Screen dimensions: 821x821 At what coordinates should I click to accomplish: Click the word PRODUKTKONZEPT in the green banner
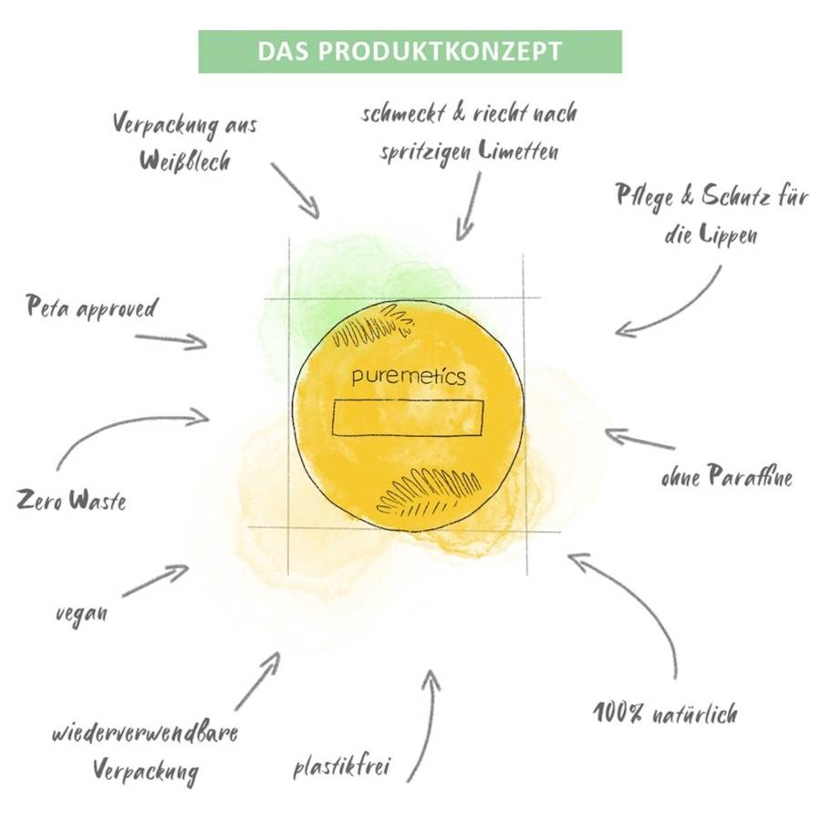440,51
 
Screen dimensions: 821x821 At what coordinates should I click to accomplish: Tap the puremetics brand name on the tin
409,377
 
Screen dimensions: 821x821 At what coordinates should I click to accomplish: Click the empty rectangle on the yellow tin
408,417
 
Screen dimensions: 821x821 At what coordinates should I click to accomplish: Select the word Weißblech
185,161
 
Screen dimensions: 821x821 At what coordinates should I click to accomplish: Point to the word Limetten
519,151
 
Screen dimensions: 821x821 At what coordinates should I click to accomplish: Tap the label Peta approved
91,307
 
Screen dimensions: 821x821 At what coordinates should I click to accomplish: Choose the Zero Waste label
71,500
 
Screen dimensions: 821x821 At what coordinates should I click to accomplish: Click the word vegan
82,612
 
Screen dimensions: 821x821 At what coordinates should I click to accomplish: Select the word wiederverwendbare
145,732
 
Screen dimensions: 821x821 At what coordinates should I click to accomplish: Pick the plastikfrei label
342,766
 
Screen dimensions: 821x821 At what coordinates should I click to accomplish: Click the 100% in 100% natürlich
618,712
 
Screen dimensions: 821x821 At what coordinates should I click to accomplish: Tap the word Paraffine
750,475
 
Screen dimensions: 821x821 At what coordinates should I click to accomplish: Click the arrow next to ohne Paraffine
639,439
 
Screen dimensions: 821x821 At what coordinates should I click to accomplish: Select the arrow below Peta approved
171,340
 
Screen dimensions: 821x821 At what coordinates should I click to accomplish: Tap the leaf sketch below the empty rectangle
429,491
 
